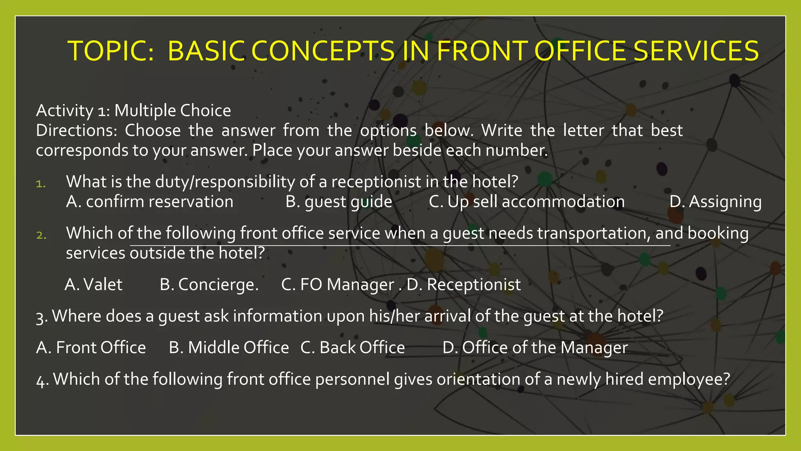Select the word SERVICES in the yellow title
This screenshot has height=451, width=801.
click(x=696, y=51)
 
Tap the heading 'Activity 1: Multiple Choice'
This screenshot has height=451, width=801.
click(x=133, y=111)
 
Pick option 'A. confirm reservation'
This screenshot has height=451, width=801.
click(x=149, y=202)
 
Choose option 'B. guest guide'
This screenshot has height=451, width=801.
click(x=339, y=202)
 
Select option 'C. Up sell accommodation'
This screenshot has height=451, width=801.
click(x=526, y=202)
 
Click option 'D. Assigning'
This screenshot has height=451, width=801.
click(x=715, y=202)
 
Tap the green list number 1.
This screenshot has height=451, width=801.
click(x=41, y=184)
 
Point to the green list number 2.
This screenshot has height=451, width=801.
click(x=41, y=235)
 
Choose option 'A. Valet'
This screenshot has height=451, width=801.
click(x=93, y=285)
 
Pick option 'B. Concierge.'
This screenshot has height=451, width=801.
click(x=209, y=285)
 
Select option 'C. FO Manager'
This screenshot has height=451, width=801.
click(x=338, y=285)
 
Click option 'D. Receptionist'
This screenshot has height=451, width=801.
click(x=463, y=285)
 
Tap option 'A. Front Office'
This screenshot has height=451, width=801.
click(x=91, y=348)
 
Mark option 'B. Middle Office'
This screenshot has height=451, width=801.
click(x=229, y=348)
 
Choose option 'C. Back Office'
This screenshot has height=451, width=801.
click(x=352, y=348)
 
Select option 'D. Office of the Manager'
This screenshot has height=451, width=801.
click(x=535, y=348)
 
